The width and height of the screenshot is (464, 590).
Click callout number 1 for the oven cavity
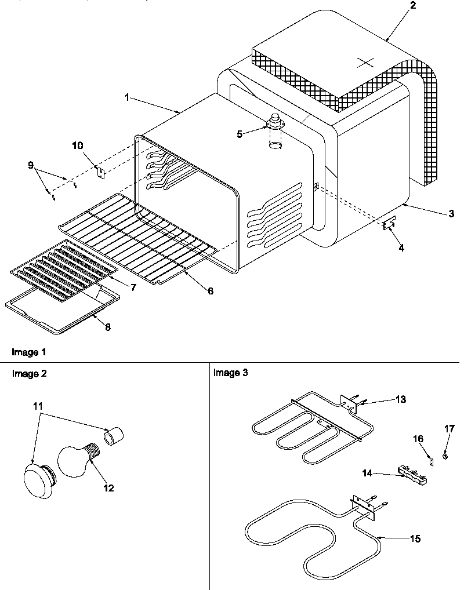127,97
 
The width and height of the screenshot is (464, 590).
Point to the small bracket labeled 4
389,224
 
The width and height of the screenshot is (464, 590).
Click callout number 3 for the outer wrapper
451,214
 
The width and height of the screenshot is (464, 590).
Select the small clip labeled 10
100,171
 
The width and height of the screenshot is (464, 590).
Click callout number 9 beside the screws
31,165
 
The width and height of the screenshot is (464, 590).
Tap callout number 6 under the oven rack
211,291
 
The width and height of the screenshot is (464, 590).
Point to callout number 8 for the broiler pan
107,327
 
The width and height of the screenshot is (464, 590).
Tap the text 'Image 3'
230,373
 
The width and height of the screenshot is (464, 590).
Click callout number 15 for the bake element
415,539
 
